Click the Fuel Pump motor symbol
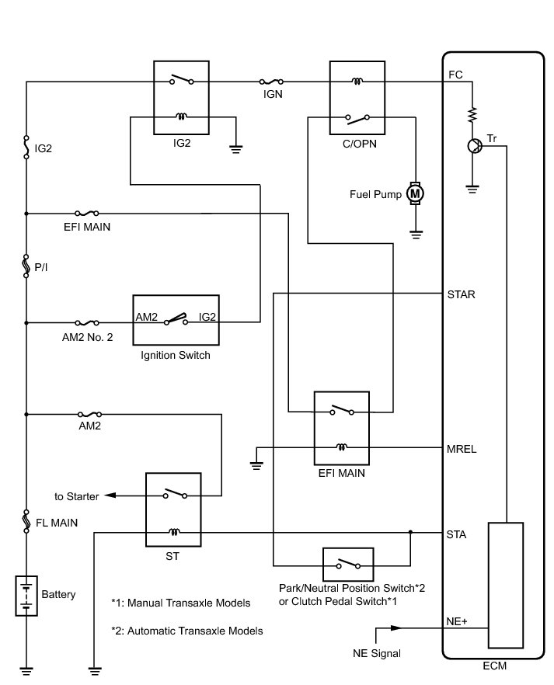coord(415,193)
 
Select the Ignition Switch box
coord(176,320)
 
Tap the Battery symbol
coord(26,594)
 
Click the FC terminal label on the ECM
coord(456,75)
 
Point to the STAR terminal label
coord(462,294)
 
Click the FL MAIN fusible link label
coord(56,523)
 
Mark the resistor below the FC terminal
coord(472,115)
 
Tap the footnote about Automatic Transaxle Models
coord(186,631)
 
